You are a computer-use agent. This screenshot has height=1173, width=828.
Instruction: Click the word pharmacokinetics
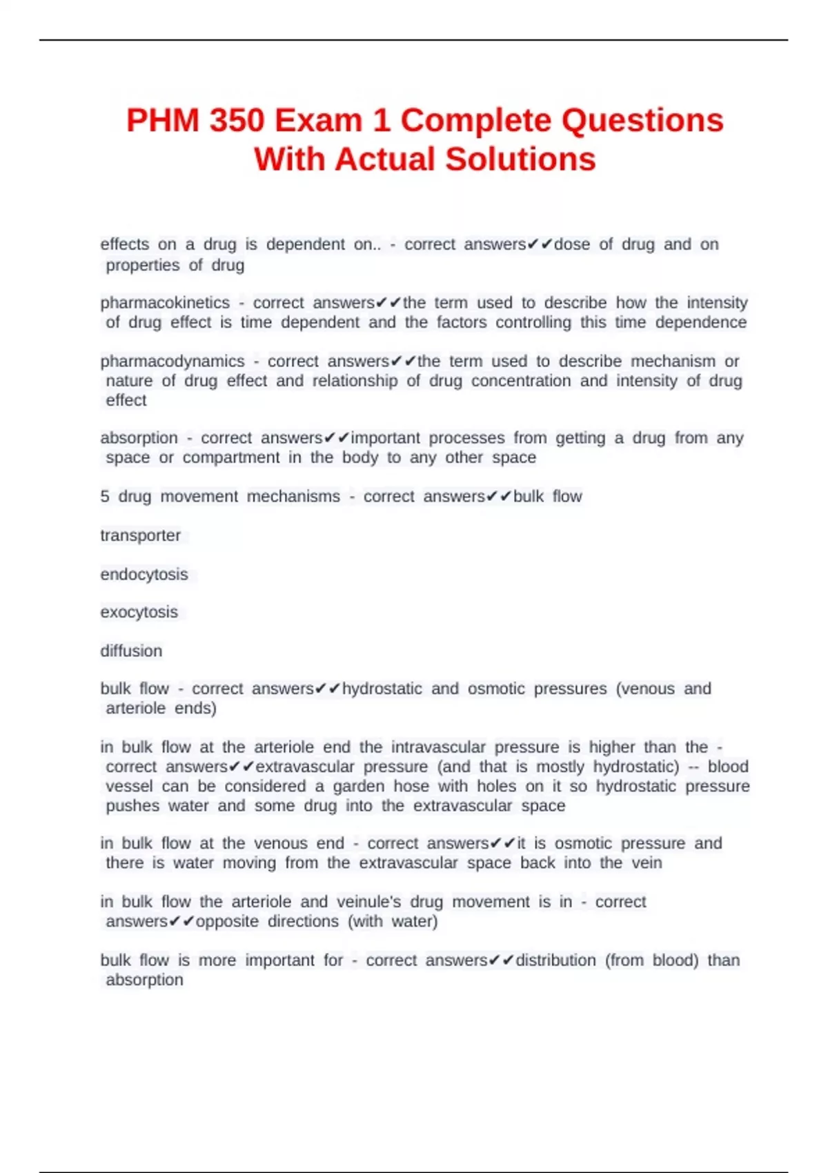coord(165,303)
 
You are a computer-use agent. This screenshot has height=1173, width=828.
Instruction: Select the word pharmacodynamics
coord(172,362)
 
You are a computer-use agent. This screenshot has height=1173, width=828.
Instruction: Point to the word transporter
coord(141,535)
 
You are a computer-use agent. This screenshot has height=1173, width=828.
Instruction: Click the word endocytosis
coord(144,575)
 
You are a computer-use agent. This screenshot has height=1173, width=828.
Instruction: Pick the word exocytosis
coord(139,612)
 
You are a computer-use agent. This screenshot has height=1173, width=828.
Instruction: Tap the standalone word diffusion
coord(131,651)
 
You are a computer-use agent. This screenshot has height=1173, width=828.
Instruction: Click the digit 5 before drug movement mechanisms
coord(105,497)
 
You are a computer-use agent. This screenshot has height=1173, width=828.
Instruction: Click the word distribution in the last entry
coord(556,960)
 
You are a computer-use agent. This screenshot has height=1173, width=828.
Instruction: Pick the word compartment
coord(231,457)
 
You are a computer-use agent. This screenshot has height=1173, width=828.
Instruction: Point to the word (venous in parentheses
coord(645,689)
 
